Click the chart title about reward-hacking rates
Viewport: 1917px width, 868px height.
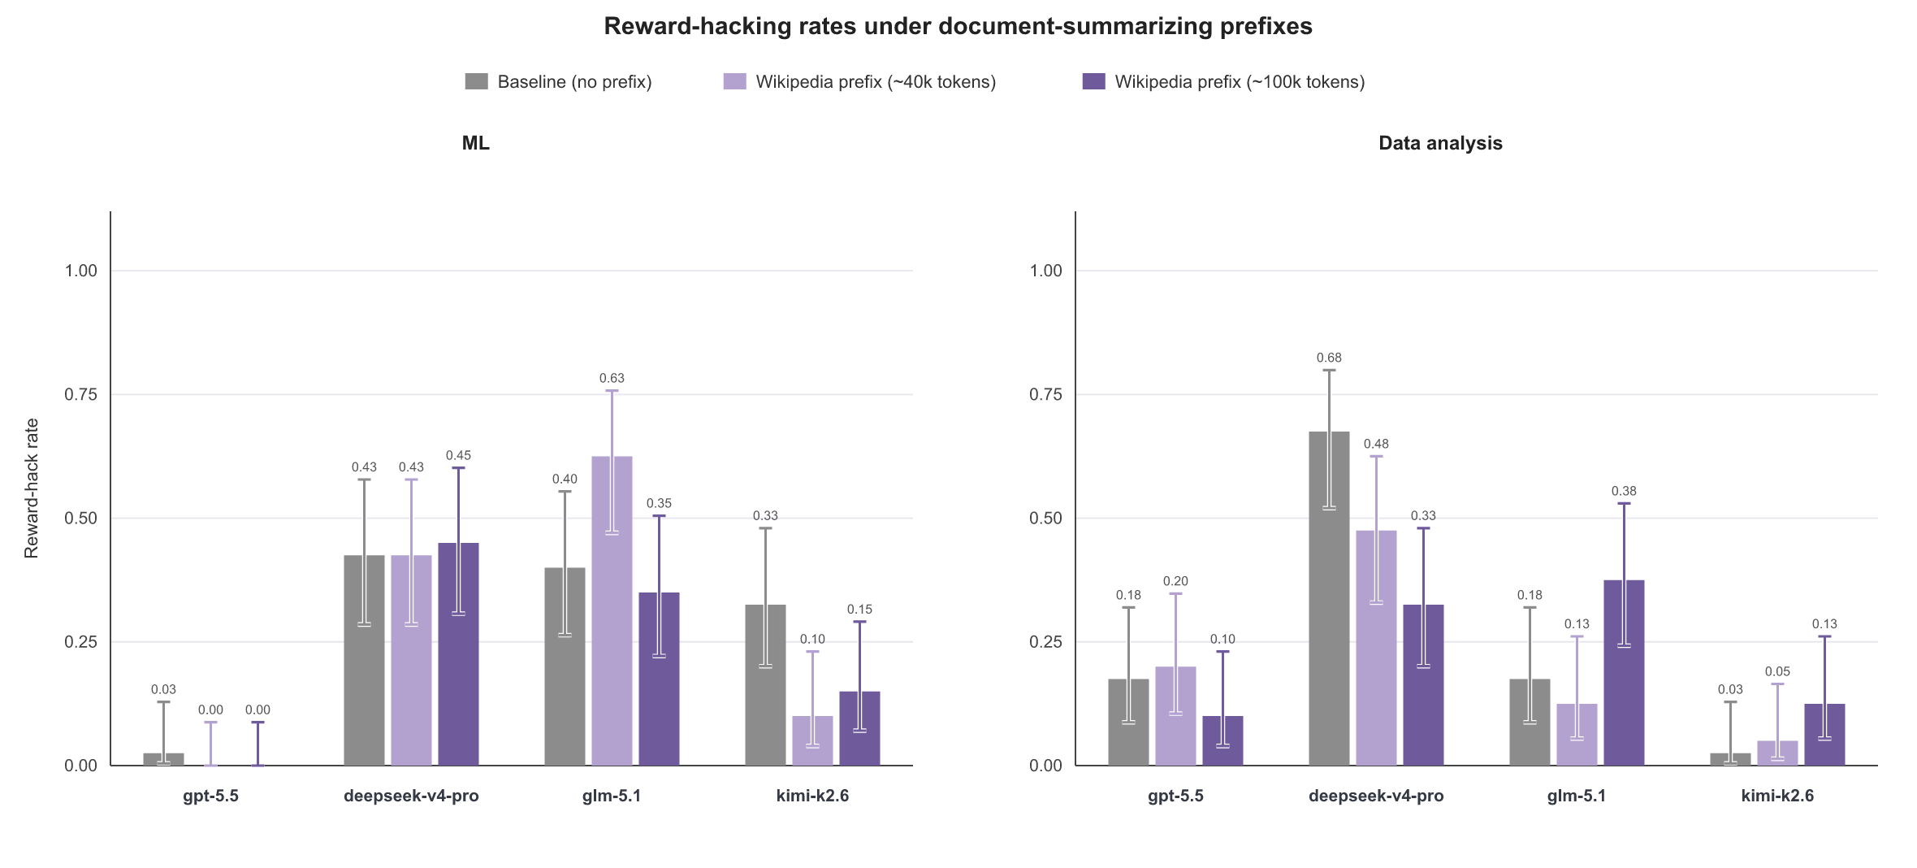[x=958, y=26]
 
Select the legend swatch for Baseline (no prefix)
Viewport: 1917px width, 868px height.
[x=476, y=81]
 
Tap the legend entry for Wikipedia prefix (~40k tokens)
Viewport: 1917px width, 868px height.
[x=859, y=81]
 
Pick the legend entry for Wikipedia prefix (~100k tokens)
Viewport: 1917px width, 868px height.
[x=1223, y=81]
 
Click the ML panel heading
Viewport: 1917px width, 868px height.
[x=476, y=143]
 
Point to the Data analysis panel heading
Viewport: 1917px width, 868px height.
[x=1440, y=143]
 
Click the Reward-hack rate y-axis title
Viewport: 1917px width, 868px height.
[x=32, y=488]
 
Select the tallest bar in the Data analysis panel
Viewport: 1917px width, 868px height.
[x=1329, y=598]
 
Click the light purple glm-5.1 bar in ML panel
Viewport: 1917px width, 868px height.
[x=612, y=611]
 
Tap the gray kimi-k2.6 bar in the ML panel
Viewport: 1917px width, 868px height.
[x=765, y=685]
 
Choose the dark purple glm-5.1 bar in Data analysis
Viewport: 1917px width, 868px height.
[x=1624, y=673]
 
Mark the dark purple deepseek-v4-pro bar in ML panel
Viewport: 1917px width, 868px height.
[x=458, y=654]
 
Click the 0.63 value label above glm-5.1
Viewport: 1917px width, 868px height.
[x=612, y=378]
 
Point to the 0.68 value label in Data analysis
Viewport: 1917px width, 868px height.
[x=1329, y=358]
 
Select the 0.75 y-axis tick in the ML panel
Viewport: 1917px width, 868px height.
[x=80, y=394]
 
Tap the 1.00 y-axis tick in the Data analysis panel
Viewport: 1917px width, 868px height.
[x=1045, y=271]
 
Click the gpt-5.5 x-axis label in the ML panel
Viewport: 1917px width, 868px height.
[x=210, y=796]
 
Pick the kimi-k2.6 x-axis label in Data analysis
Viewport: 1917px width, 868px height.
[x=1777, y=796]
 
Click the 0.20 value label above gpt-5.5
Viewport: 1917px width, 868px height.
[x=1175, y=581]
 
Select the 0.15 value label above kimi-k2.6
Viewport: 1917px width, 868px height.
[x=859, y=610]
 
